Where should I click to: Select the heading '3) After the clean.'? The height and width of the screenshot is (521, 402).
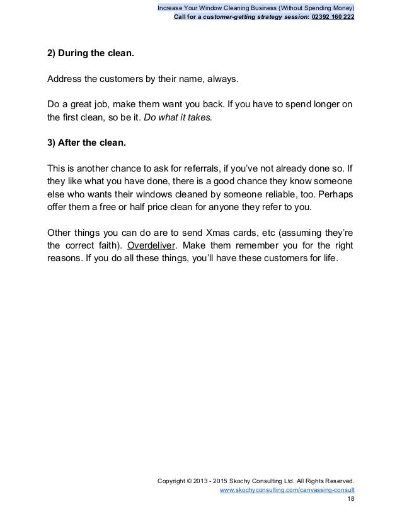tap(86, 142)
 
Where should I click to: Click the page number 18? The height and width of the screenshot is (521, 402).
tap(350, 498)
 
